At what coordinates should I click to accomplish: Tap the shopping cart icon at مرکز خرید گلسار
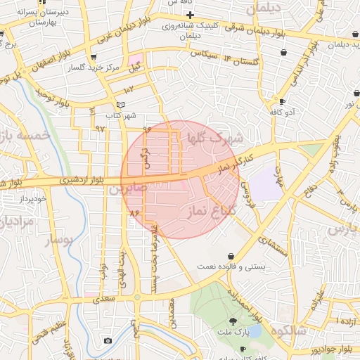(94, 57)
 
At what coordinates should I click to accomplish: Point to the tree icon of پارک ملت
(243, 320)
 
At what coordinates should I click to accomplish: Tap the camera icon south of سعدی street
(108, 340)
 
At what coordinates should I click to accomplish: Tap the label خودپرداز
(33, 199)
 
